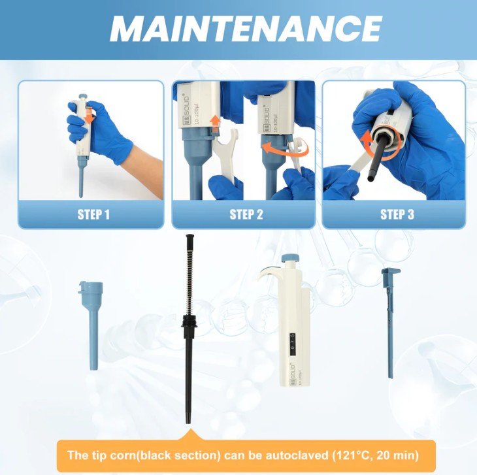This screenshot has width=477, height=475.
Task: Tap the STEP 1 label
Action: [x=93, y=214]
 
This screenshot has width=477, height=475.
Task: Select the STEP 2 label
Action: [x=246, y=214]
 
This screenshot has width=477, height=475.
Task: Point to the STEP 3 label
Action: [x=397, y=214]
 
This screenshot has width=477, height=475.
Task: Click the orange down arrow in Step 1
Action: [x=89, y=116]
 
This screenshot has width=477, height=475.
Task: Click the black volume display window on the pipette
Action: [x=293, y=344]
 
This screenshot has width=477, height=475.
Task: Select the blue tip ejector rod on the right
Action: [x=390, y=322]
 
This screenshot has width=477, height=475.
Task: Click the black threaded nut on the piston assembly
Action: [x=189, y=322]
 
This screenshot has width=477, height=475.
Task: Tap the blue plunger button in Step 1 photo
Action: [x=83, y=97]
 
